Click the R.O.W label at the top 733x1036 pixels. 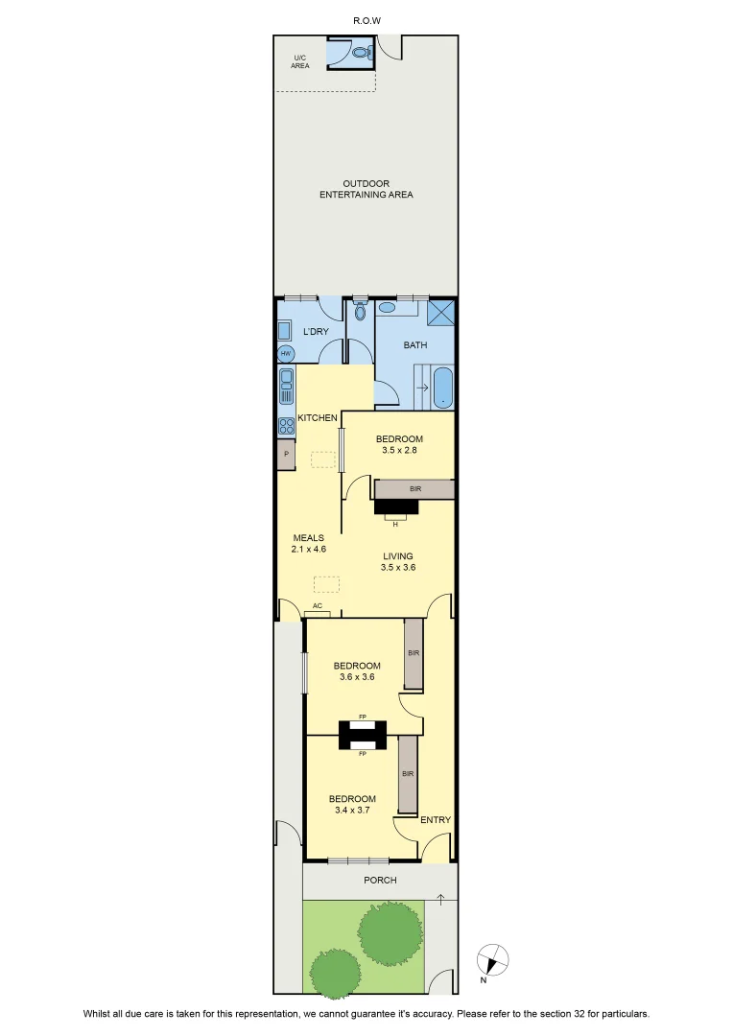coord(366,20)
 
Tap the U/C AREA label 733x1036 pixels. coord(300,62)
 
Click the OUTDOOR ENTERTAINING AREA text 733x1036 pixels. coord(366,189)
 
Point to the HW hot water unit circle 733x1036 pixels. coord(286,354)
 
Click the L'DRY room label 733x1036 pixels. coord(316,332)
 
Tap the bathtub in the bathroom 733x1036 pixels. coord(443,388)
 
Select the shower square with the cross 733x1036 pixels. coord(441,313)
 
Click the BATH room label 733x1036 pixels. coord(415,345)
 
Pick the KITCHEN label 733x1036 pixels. coord(318,417)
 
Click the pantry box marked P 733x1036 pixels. coord(286,454)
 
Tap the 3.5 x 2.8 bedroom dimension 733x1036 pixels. coord(399,450)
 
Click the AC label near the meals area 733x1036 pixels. coord(318,606)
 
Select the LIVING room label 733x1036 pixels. coord(398,556)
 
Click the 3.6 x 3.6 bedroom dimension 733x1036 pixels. coord(357,676)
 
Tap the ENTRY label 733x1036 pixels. coord(436,820)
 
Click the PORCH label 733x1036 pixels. coord(380,880)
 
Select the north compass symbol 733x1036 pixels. coord(492,960)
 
